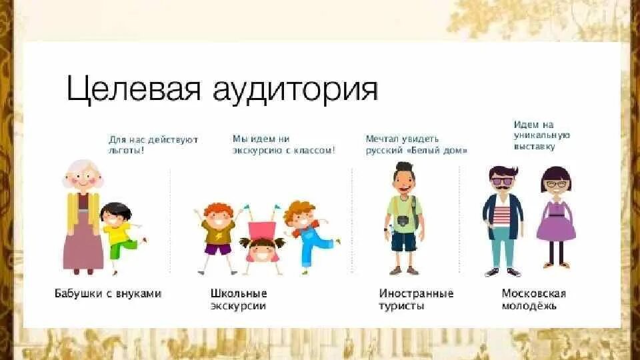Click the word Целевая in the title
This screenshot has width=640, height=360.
pos(133,89)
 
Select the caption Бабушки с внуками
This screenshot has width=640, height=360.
pos(107,293)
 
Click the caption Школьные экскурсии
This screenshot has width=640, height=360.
pos(239,299)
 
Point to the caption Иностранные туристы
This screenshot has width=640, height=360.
pos(416,299)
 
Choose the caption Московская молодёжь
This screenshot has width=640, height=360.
pos(533,299)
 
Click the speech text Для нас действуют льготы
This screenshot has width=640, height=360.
pos(153,145)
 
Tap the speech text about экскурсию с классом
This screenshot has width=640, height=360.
pos(283,145)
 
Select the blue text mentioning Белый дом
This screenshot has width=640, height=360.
pos(416,145)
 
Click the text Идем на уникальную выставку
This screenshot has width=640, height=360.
pos(533,135)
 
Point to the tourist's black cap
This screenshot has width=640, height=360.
pos(403,167)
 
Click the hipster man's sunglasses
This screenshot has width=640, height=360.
pos(502,180)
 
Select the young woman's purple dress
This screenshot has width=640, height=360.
pos(556,220)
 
